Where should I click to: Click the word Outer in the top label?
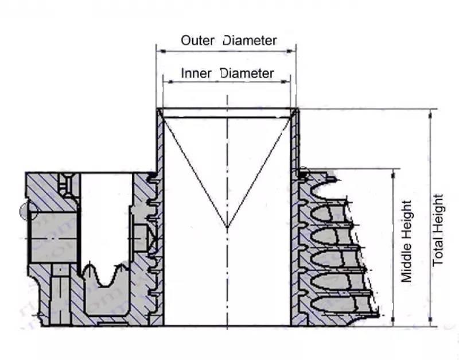tap(197, 41)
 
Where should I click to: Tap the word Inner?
tap(198, 73)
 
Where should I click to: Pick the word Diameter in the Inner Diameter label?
tap(247, 73)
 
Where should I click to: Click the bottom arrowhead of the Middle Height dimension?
tap(394, 322)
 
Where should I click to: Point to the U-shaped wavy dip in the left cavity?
tap(106, 278)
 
